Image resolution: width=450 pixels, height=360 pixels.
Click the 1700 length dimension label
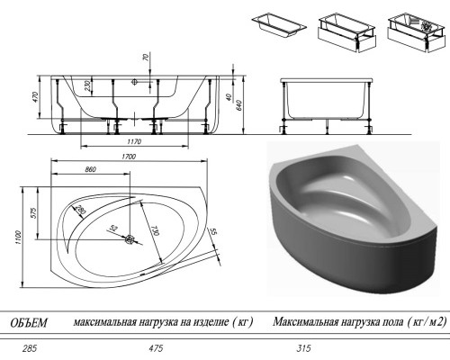[129, 157]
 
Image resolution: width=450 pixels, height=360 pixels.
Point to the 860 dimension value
[90, 169]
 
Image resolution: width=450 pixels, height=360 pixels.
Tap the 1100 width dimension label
[18, 237]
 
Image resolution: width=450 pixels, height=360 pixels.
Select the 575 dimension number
[33, 212]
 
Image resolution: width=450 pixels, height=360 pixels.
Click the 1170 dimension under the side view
[134, 141]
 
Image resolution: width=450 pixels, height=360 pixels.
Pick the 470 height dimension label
[36, 97]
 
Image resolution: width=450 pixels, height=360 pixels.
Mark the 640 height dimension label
[239, 105]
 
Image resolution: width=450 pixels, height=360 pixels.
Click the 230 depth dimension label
[87, 86]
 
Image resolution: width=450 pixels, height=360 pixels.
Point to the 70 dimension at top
[147, 58]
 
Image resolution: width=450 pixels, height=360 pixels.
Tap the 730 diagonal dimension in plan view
[154, 230]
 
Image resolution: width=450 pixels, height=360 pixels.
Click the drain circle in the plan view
[130, 239]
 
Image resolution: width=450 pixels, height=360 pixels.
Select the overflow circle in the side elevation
[134, 81]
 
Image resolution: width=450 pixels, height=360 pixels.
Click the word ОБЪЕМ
[29, 323]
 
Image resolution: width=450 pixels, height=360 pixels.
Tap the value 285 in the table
[30, 348]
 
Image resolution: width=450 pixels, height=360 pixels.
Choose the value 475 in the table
[156, 348]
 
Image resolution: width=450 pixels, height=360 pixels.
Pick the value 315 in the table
[303, 348]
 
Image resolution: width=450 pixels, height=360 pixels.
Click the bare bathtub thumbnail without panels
[279, 24]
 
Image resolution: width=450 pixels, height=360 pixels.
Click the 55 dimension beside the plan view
[214, 231]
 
